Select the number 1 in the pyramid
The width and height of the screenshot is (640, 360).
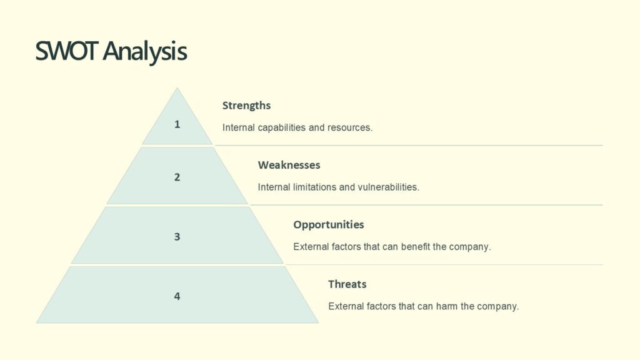(x=177, y=124)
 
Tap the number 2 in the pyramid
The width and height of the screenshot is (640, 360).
(x=177, y=177)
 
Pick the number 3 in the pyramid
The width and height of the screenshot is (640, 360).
(x=177, y=237)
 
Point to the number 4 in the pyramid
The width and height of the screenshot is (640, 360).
(x=177, y=296)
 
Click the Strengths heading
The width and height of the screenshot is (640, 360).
(x=246, y=106)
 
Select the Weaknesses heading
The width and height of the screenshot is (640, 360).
(x=289, y=165)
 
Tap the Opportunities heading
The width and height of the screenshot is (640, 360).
(x=328, y=224)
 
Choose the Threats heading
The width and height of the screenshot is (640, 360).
(x=347, y=284)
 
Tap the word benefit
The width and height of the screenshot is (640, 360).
(x=416, y=246)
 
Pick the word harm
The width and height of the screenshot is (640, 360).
(x=446, y=306)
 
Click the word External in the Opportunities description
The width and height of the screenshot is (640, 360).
(x=311, y=246)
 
